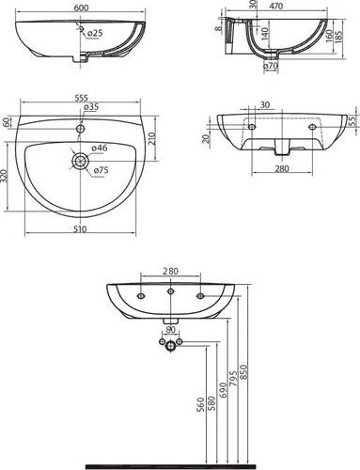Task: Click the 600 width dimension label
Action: [81, 8]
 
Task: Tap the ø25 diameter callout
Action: [95, 33]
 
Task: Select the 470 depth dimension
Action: [276, 6]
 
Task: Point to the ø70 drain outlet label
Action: [271, 66]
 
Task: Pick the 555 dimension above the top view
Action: [80, 98]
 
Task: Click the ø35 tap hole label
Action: [91, 107]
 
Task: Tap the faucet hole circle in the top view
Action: [81, 129]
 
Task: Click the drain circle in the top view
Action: [81, 161]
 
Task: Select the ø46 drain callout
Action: [100, 148]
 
